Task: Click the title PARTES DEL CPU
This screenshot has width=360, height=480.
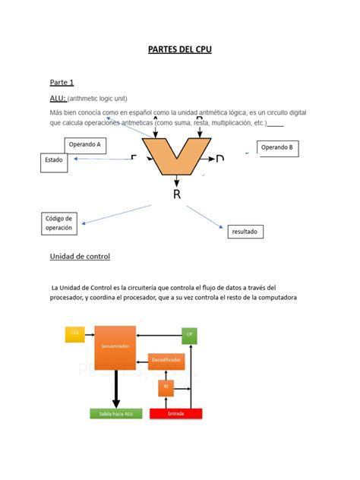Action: coord(179,50)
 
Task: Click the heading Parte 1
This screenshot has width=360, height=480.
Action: coord(62,82)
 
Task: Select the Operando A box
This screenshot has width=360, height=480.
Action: coord(85,144)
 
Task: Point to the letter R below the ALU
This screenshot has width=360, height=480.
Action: coord(177,194)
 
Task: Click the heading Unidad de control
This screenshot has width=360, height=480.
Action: coord(80,257)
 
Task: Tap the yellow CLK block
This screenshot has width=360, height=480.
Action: coord(74,333)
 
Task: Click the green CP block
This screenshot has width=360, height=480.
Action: coord(189,334)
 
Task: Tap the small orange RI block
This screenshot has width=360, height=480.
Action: coord(166,387)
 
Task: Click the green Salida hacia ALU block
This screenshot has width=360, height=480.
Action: coord(115,414)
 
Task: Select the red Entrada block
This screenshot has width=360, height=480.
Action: coord(176,414)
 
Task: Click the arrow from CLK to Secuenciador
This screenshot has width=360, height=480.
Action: coord(89,333)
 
